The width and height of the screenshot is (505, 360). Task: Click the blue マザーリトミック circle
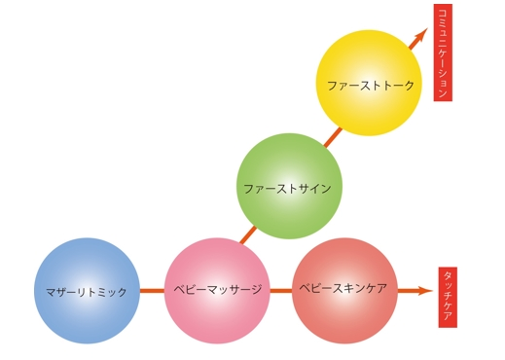(87, 291)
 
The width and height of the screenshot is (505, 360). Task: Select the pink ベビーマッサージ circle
(217, 291)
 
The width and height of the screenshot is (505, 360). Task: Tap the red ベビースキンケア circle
(344, 290)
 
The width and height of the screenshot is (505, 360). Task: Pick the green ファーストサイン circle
(289, 187)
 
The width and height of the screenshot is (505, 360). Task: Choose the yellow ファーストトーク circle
(369, 84)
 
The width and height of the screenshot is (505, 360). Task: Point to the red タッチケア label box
(448, 297)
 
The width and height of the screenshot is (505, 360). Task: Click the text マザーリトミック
(87, 292)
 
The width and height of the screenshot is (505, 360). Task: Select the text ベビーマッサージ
(218, 290)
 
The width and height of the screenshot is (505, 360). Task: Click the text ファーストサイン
(288, 188)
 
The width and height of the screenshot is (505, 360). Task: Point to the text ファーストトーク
(371, 86)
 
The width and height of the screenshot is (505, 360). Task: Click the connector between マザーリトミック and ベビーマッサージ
(152, 290)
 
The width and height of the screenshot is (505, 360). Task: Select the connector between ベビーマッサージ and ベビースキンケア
(280, 290)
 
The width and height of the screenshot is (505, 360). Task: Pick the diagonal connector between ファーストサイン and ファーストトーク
(332, 136)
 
